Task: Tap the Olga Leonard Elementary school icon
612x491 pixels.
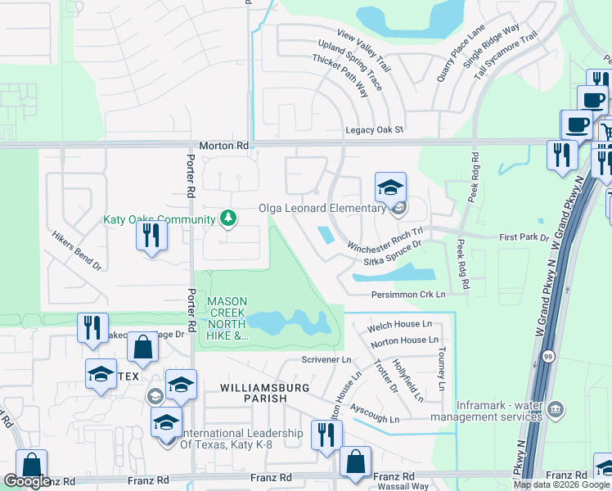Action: click(x=391, y=187)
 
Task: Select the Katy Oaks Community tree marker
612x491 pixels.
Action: click(x=230, y=218)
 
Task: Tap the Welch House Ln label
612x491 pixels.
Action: click(x=399, y=326)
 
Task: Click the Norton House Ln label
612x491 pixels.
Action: click(x=404, y=340)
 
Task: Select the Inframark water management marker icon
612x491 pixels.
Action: click(x=556, y=408)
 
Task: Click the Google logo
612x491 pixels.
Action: click(x=27, y=481)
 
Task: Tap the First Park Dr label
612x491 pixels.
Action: click(x=523, y=237)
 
